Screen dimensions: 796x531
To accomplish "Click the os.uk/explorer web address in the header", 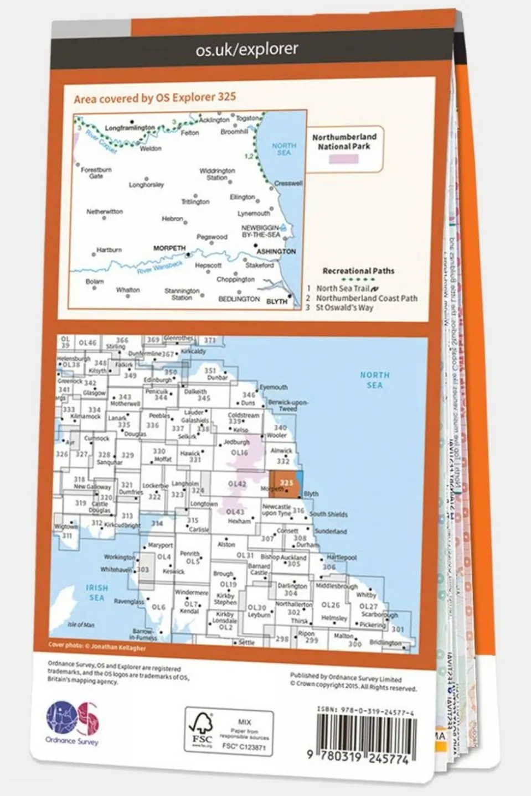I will [246, 50].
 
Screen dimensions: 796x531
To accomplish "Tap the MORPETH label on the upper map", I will [169, 248].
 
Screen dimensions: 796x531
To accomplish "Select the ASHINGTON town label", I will [276, 251].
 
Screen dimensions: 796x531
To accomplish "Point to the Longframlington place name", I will [130, 128].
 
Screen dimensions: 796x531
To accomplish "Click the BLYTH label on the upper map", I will [277, 301].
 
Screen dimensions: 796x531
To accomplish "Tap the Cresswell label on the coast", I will [288, 183].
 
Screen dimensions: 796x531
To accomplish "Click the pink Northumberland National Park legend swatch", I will [344, 159].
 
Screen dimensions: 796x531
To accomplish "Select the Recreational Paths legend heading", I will [358, 271].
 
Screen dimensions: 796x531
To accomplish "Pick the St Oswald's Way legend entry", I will [344, 308].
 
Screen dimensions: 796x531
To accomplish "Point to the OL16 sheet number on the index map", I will [239, 452].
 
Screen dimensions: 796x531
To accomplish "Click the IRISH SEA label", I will [96, 592].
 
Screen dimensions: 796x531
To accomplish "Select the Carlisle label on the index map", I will [199, 529].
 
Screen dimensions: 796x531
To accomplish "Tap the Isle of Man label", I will [81, 625].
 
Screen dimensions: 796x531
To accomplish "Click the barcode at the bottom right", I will [365, 734].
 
